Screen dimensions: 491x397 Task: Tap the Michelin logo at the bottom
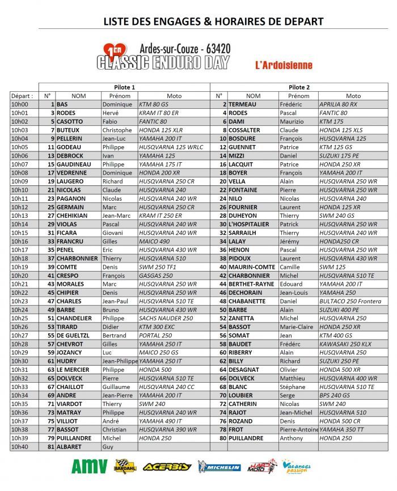(x=219, y=467)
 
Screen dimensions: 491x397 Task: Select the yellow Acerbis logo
(x=167, y=467)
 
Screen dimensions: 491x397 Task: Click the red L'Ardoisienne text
(x=284, y=65)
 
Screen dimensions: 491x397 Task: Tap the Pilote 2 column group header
(x=299, y=87)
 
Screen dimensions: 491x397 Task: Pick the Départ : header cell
(x=22, y=96)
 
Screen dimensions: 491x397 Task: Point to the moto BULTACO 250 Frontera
(x=349, y=301)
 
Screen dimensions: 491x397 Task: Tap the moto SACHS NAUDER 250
(x=166, y=319)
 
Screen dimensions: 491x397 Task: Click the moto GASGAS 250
(x=156, y=276)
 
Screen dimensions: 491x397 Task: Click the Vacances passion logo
(x=296, y=467)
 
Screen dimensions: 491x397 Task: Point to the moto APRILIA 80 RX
(x=339, y=104)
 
